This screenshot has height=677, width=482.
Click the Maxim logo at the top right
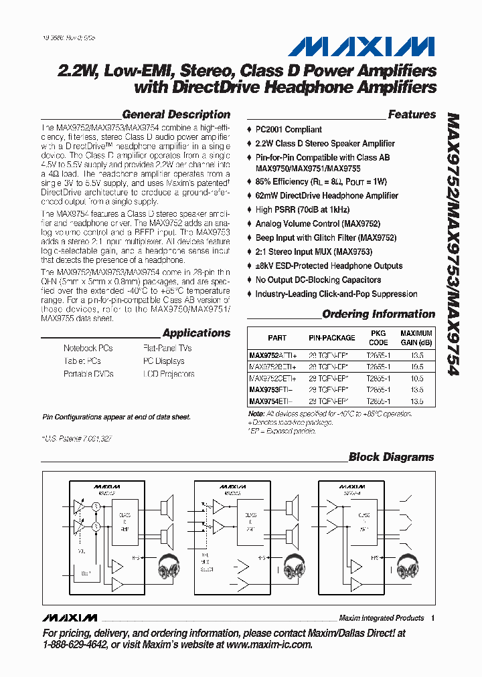coord(361,46)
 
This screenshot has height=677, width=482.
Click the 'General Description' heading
coord(176,114)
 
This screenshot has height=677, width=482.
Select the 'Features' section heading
coord(412,114)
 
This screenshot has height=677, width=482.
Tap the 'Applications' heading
coord(196,333)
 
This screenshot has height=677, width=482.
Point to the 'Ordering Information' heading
coord(378,314)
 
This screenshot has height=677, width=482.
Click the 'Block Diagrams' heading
coord(392,458)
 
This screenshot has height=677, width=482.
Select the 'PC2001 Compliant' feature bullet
coord(289,130)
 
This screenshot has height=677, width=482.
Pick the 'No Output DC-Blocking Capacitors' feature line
coord(318,280)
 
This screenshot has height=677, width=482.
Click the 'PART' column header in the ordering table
coord(277,338)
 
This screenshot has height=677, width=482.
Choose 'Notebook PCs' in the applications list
coord(88,349)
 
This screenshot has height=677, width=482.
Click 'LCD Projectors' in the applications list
coord(169,374)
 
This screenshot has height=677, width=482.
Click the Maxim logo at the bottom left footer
coord(69,617)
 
